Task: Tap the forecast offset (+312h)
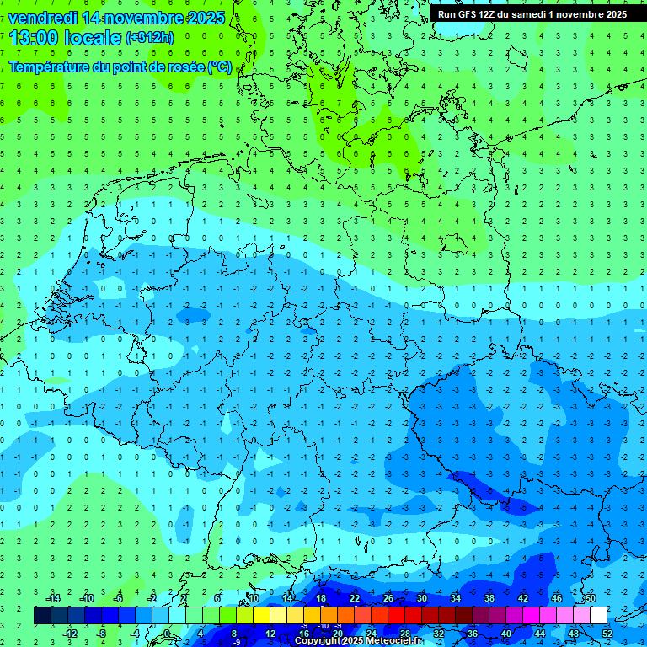pyautogui.click(x=149, y=38)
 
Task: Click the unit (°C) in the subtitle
pyautogui.click(x=220, y=66)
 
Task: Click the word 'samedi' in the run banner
pyautogui.click(x=543, y=14)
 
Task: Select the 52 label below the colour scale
pyautogui.click(x=607, y=634)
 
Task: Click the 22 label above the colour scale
pyautogui.click(x=355, y=598)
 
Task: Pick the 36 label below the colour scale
pyautogui.click(x=473, y=634)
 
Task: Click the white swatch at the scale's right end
pyautogui.click(x=599, y=616)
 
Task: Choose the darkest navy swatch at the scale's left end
pyautogui.click(x=42, y=616)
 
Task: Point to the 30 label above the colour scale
pyautogui.click(x=422, y=598)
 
